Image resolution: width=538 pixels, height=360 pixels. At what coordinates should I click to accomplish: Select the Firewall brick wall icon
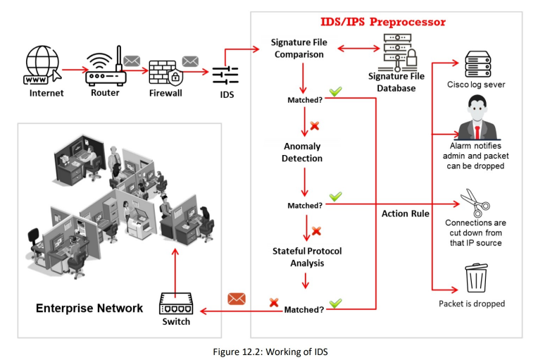click(x=163, y=73)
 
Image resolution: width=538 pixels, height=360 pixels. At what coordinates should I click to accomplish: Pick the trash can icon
click(x=476, y=277)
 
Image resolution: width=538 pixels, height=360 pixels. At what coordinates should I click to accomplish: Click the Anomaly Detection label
click(x=303, y=152)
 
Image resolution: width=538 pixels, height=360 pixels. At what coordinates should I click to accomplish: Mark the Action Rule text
click(x=406, y=213)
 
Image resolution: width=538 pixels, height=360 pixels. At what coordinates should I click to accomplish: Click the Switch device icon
click(x=176, y=304)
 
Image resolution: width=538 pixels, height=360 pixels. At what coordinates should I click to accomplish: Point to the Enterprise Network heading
click(x=89, y=308)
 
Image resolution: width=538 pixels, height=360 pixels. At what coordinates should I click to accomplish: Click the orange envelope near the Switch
click(x=237, y=299)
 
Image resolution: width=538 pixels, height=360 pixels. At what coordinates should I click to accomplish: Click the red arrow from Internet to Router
click(x=72, y=70)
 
